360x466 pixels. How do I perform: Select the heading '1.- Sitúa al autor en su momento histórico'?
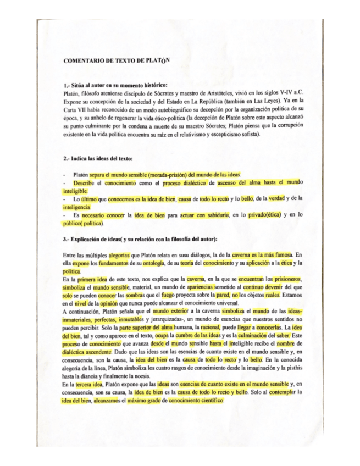point(115,87)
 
